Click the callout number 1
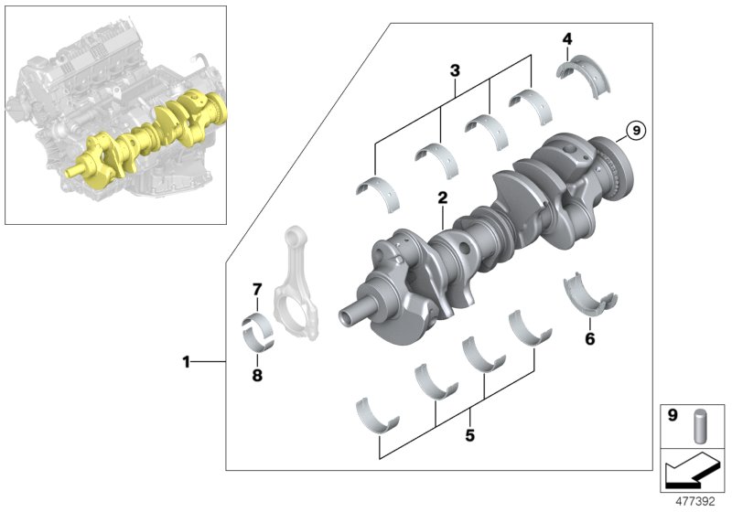click(186, 362)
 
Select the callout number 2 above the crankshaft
click(442, 197)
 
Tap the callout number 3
click(454, 70)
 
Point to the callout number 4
click(567, 38)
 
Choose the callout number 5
click(469, 436)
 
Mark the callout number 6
click(590, 339)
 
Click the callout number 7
click(257, 290)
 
